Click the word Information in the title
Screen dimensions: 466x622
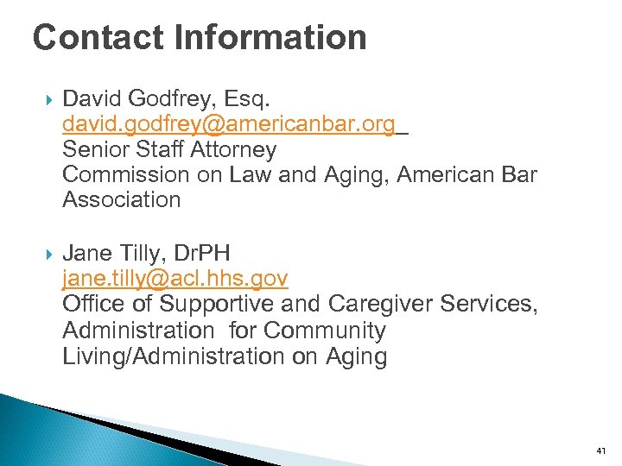[x=270, y=37]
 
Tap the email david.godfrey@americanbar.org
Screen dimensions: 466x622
[x=229, y=124]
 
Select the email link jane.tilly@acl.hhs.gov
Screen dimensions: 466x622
[x=175, y=279]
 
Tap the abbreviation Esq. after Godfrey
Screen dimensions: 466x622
[x=251, y=99]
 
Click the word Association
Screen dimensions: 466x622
[x=122, y=200]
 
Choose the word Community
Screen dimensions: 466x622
[x=325, y=331]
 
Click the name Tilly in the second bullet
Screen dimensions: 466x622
[x=138, y=254]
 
